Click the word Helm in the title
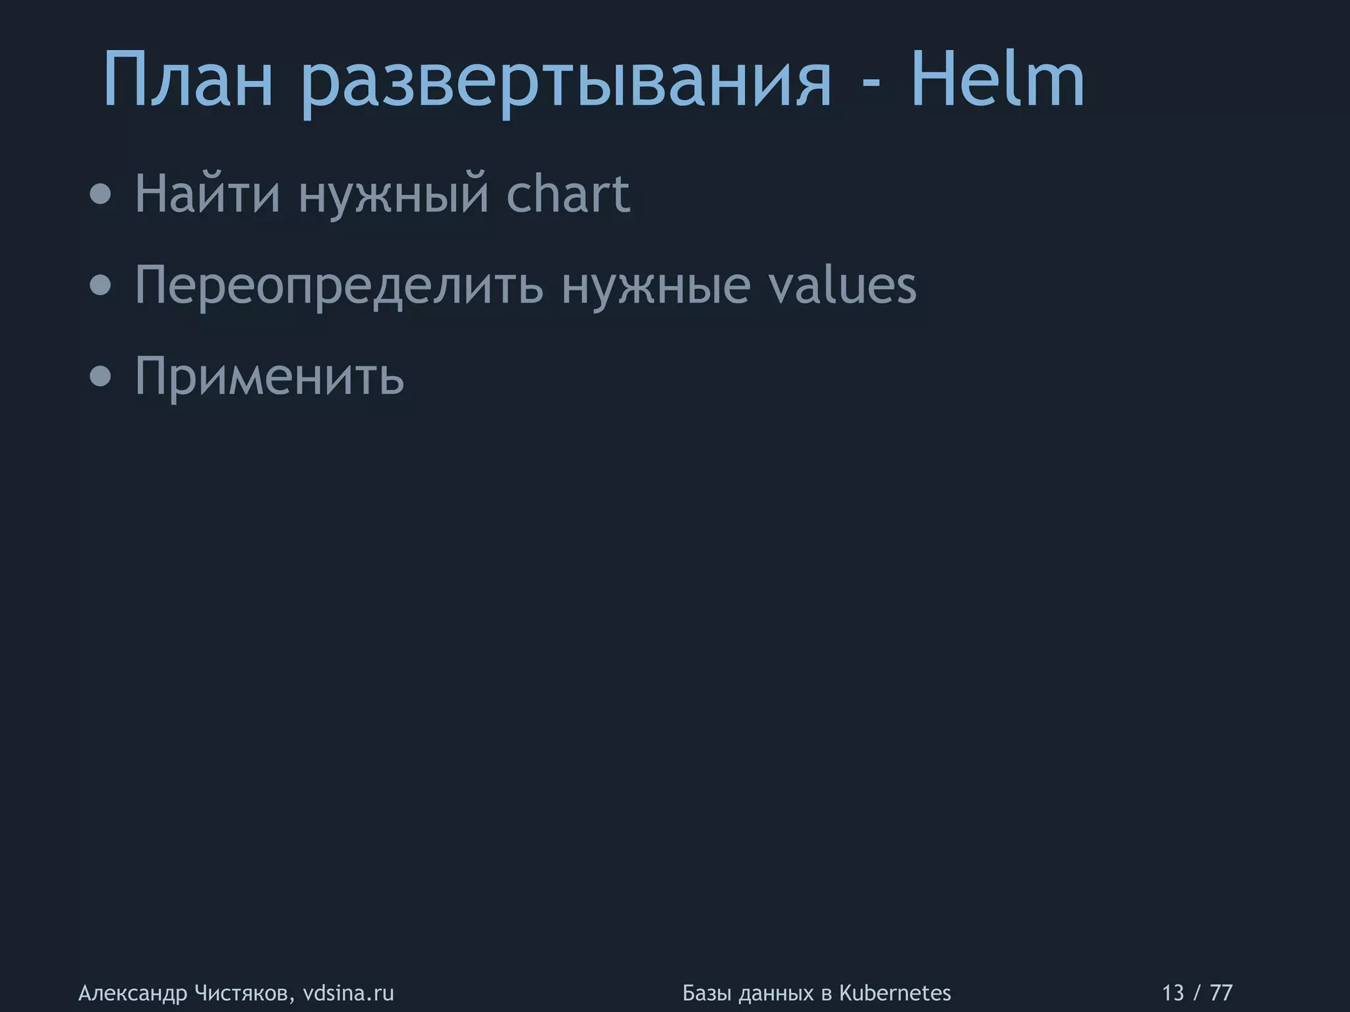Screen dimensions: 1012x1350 [997, 81]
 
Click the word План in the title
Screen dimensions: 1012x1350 [188, 81]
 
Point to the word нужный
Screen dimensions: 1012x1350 [394, 196]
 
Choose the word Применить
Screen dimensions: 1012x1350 [269, 376]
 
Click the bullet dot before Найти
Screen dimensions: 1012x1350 [101, 195]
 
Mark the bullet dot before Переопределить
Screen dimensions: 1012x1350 [101, 286]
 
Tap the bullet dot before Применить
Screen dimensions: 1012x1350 [101, 377]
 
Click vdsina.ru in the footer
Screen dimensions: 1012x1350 [348, 992]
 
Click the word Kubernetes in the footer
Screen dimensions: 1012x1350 [895, 992]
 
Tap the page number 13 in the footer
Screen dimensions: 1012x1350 [1173, 992]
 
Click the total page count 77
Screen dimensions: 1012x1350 [1221, 992]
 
